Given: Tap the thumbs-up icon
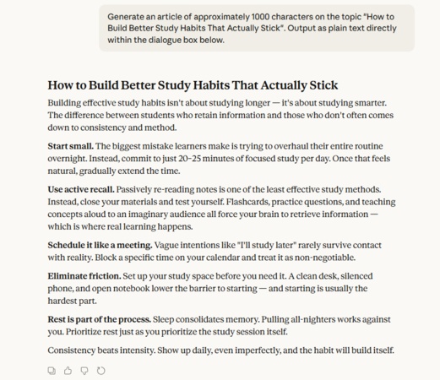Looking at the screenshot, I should click(68, 370).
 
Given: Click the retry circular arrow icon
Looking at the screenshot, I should click(101, 370).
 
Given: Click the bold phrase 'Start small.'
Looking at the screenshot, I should click(71, 146).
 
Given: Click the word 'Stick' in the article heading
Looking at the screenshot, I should click(320, 85).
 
